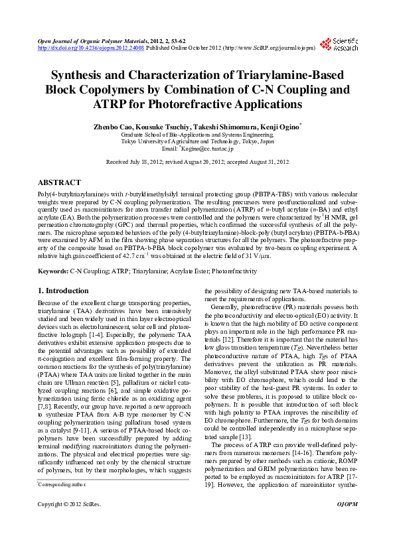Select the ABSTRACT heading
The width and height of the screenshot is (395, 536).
pos(60,182)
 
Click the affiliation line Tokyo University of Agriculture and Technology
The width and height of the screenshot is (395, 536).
pos(197,141)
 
